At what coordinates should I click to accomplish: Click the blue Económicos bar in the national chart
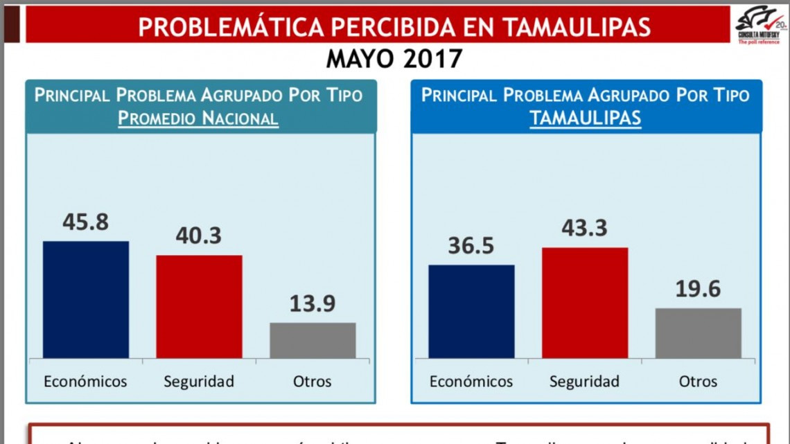(x=86, y=299)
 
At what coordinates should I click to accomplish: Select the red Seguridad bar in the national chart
(x=199, y=306)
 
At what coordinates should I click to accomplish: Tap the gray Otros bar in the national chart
(x=313, y=340)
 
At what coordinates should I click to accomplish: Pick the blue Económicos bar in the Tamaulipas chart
(x=471, y=311)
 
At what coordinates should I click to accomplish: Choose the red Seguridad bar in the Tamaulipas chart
(x=585, y=303)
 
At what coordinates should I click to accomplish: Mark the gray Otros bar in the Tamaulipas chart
(x=698, y=333)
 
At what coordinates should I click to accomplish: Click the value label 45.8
(x=86, y=222)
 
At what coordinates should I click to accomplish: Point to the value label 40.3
(x=199, y=236)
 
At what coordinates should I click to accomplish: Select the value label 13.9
(x=313, y=303)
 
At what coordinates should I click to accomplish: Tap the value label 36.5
(x=471, y=245)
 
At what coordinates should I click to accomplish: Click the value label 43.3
(x=585, y=228)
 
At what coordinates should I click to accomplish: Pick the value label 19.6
(x=698, y=289)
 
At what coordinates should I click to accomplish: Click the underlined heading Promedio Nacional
(x=198, y=118)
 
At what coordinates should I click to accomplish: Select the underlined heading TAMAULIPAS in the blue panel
(x=585, y=118)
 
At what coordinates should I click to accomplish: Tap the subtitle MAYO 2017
(x=394, y=59)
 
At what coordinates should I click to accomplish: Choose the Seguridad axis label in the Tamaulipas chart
(x=584, y=382)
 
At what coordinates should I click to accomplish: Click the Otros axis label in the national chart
(x=313, y=382)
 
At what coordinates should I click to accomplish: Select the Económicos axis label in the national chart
(x=86, y=382)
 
